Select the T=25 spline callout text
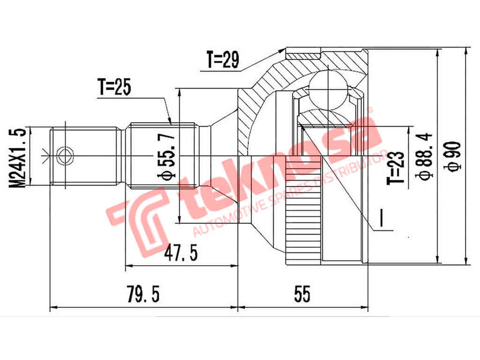115,88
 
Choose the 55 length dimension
302,295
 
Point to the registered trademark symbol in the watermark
370,112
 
